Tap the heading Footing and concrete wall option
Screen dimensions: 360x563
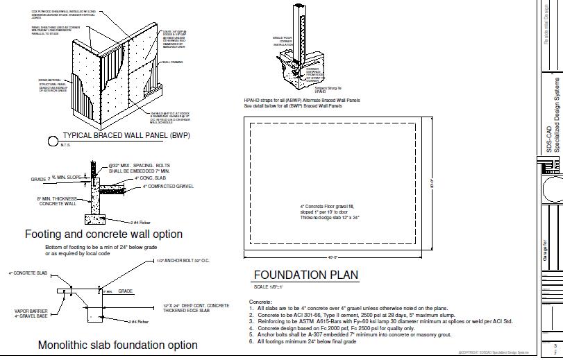[x=103, y=234]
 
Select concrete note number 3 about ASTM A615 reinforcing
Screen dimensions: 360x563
[x=380, y=322]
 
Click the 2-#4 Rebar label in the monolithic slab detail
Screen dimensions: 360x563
[x=140, y=322]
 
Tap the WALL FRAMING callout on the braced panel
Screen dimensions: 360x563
[x=171, y=62]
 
